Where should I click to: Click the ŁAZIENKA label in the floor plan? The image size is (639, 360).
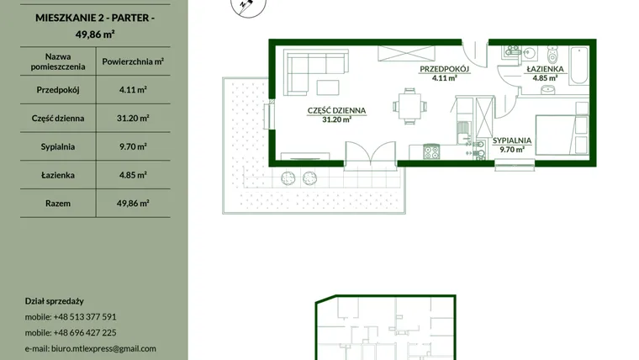tap(545, 69)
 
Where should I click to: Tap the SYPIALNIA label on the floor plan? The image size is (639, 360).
tap(512, 140)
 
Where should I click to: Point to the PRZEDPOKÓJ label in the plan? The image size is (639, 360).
tap(445, 69)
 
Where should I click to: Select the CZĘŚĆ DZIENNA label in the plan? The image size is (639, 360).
tap(336, 110)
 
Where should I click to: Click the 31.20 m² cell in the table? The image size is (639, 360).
tap(133, 119)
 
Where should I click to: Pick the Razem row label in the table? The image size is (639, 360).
tap(58, 204)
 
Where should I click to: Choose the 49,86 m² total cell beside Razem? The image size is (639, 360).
tap(133, 204)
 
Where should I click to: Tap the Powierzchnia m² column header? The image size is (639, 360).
tap(133, 61)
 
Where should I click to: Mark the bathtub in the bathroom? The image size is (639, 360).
tap(578, 66)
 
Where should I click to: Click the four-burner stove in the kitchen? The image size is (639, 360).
tap(431, 151)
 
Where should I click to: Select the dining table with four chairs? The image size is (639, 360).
tap(410, 106)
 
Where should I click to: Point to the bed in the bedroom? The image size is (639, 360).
tap(562, 135)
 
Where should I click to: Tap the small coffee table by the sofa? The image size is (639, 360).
tap(328, 87)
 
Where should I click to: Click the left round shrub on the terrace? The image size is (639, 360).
tap(288, 178)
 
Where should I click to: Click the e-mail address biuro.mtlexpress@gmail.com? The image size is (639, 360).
tap(103, 348)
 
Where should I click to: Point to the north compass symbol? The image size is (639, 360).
tap(248, 6)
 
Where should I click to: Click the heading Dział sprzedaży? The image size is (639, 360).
tap(54, 301)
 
